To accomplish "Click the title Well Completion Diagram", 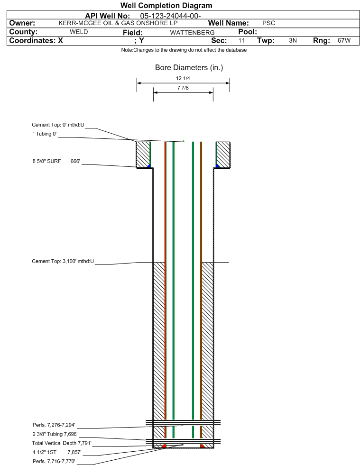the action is pyautogui.click(x=166, y=6).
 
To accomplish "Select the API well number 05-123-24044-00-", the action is pyautogui.click(x=170, y=16).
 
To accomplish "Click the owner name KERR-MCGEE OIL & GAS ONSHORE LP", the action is pyautogui.click(x=118, y=23).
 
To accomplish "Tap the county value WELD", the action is pyautogui.click(x=79, y=32).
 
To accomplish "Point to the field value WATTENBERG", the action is pyautogui.click(x=192, y=33).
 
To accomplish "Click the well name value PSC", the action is pyautogui.click(x=268, y=23).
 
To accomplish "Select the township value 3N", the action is pyautogui.click(x=293, y=41).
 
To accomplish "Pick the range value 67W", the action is pyautogui.click(x=344, y=41).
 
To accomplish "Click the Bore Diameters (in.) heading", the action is pyautogui.click(x=189, y=68).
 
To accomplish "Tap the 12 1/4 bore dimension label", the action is pyautogui.click(x=183, y=78).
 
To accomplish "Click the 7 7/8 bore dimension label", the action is pyautogui.click(x=183, y=88).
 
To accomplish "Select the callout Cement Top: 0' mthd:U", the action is pyautogui.click(x=58, y=125).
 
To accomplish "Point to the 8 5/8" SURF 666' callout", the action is pyautogui.click(x=56, y=161).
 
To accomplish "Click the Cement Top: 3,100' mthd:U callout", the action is pyautogui.click(x=63, y=261).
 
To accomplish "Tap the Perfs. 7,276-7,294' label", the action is pyautogui.click(x=54, y=425).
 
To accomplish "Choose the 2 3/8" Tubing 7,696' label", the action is pyautogui.click(x=55, y=434).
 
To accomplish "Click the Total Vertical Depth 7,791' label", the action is pyautogui.click(x=62, y=443).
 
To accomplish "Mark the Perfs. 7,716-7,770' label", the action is pyautogui.click(x=54, y=461).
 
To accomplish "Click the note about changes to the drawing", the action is pyautogui.click(x=184, y=50).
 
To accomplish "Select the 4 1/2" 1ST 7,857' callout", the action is pyautogui.click(x=57, y=452).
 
